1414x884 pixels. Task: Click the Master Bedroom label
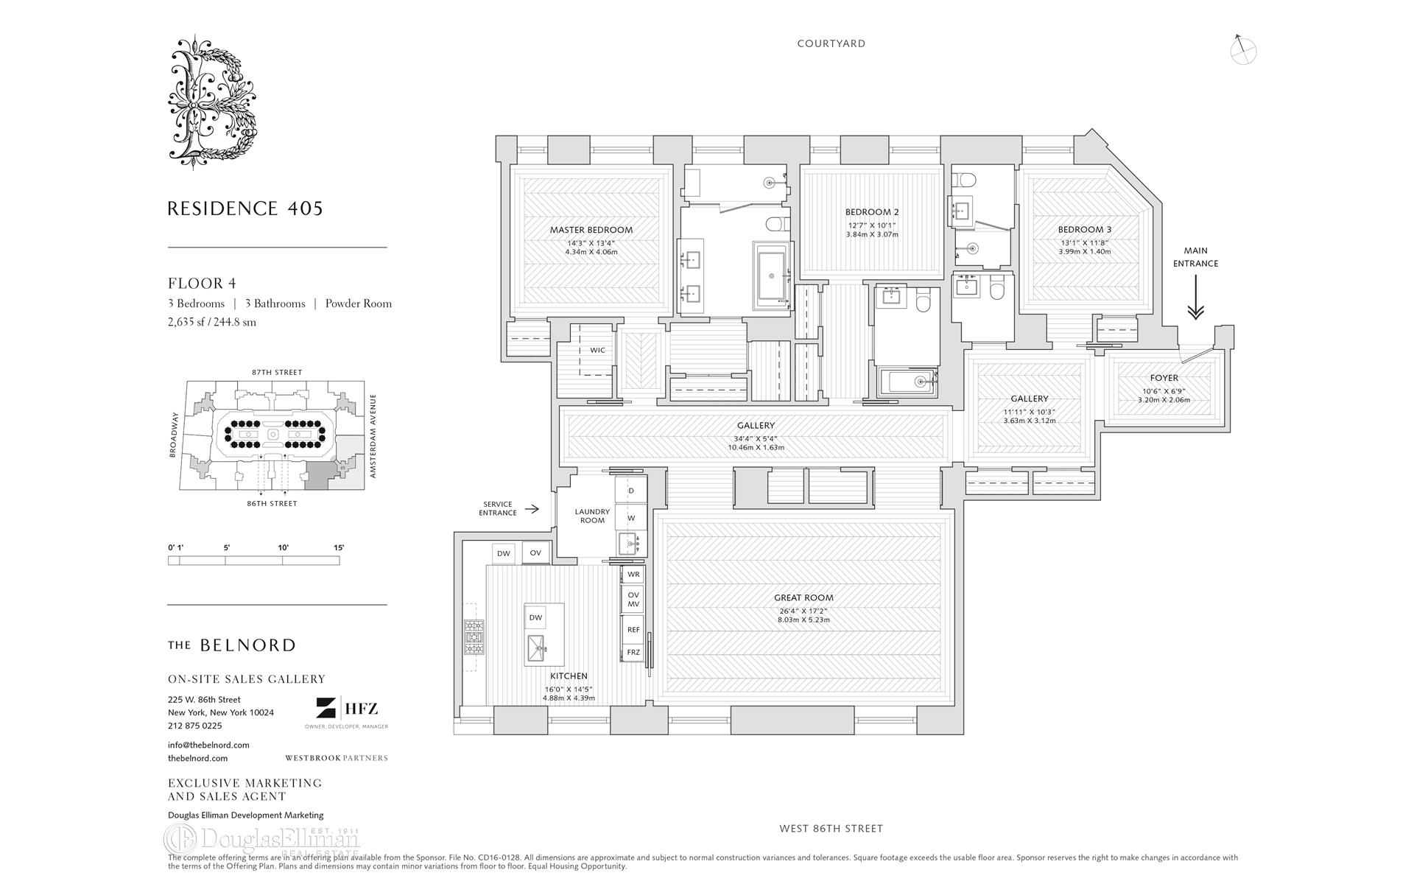(x=591, y=230)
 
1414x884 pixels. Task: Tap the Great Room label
(x=803, y=598)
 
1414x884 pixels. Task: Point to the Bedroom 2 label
(x=872, y=212)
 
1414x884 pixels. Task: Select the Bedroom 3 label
(x=1084, y=230)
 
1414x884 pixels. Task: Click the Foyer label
(x=1164, y=378)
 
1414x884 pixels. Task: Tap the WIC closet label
(x=597, y=350)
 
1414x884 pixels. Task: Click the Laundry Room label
(x=592, y=516)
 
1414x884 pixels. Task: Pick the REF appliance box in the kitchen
(x=633, y=630)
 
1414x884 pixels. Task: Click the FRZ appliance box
(x=633, y=653)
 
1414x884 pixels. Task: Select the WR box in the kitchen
(x=633, y=574)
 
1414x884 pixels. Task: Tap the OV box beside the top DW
(x=535, y=553)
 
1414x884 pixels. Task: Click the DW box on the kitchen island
(x=535, y=618)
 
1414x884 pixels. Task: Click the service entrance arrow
(x=534, y=509)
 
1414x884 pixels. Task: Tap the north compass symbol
(x=1242, y=49)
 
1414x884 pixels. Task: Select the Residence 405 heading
(x=245, y=208)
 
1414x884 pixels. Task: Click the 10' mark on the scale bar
(x=283, y=548)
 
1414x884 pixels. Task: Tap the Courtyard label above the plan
(x=831, y=43)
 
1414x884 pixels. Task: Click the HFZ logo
(x=347, y=709)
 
